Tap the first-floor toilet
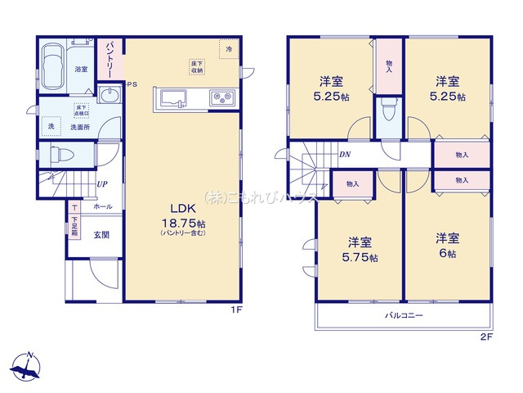62,153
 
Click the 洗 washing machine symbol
50,127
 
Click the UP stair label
101,184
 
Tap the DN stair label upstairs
344,153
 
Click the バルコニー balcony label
404,315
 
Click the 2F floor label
485,337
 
